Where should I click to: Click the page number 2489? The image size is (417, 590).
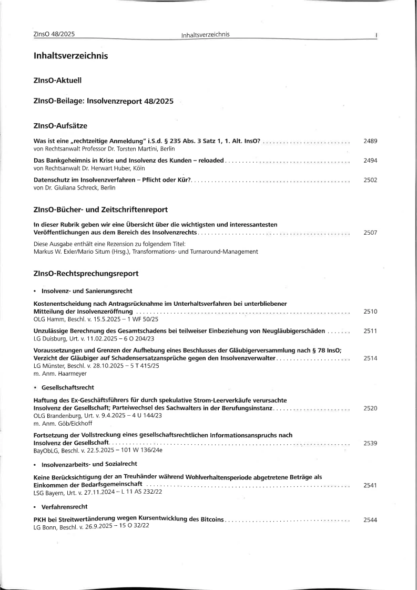click(370, 142)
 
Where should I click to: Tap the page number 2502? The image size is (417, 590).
click(370, 180)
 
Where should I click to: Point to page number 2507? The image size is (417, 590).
click(370, 232)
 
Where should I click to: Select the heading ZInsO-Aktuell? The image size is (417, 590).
click(57, 81)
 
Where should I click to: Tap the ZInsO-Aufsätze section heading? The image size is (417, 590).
click(60, 126)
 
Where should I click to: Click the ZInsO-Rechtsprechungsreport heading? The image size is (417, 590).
click(86, 274)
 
